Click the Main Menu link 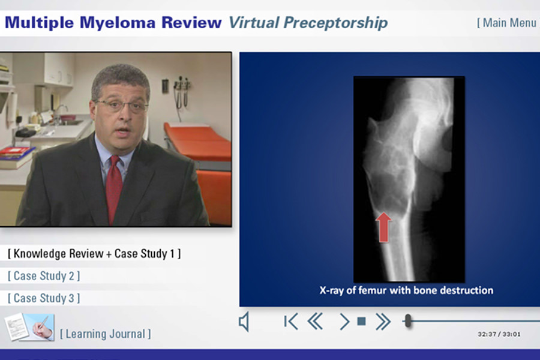[507, 23]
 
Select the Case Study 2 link [44, 276]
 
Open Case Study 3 [44, 298]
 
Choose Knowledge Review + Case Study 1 [94, 254]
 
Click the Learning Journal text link [106, 334]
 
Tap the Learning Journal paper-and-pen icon [29, 327]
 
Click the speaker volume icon [244, 322]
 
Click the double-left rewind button [315, 322]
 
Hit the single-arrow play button [344, 322]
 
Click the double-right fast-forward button [383, 322]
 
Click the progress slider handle [408, 321]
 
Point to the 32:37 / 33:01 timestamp [499, 334]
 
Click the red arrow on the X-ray [383, 227]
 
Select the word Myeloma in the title [118, 23]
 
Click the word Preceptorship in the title [335, 23]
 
